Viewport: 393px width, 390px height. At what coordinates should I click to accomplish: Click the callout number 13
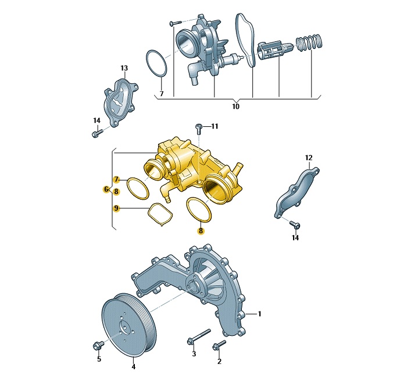[124, 68]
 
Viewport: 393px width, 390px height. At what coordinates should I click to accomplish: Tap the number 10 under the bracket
[235, 107]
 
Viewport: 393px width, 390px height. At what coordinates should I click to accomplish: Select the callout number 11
[215, 126]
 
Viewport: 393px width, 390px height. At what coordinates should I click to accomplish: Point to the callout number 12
[309, 158]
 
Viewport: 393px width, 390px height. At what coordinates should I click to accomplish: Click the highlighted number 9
[116, 208]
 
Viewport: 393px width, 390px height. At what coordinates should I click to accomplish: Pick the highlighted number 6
[106, 189]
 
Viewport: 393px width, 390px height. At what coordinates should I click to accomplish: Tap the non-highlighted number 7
[162, 94]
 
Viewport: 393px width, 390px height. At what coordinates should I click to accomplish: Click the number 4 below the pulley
[134, 367]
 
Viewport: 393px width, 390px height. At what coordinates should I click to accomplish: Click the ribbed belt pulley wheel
[129, 325]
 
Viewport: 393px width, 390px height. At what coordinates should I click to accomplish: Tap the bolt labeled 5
[98, 346]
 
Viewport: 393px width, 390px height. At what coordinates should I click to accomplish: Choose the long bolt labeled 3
[198, 336]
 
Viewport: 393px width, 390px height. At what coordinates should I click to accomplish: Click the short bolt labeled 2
[219, 345]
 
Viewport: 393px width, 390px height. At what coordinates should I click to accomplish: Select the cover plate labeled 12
[296, 193]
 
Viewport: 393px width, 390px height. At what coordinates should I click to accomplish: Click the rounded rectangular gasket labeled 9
[160, 214]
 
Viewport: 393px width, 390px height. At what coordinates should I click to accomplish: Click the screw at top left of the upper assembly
[175, 23]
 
